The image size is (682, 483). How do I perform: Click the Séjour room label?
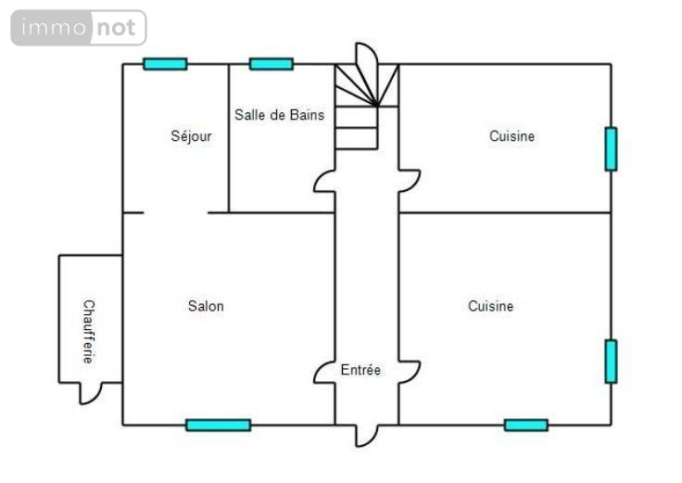point(191,136)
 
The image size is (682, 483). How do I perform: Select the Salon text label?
point(206,306)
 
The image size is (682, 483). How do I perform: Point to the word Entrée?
point(360,370)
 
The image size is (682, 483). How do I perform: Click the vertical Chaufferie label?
point(89,331)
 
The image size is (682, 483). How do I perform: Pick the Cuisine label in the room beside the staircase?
point(511,136)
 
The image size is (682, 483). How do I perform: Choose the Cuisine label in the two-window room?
point(490,306)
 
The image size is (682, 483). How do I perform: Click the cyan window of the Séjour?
point(165,64)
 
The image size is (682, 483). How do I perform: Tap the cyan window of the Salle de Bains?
point(272,64)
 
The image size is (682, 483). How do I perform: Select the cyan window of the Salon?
point(218,425)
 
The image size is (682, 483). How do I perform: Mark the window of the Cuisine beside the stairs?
point(611,148)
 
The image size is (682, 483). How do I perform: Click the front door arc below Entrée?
point(367,435)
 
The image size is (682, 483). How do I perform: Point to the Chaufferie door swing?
point(90,392)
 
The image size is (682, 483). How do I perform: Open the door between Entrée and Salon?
point(324,371)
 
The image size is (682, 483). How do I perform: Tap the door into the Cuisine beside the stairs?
point(409,180)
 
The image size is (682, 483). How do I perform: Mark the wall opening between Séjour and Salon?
point(176,212)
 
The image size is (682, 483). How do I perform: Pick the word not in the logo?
point(117,28)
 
